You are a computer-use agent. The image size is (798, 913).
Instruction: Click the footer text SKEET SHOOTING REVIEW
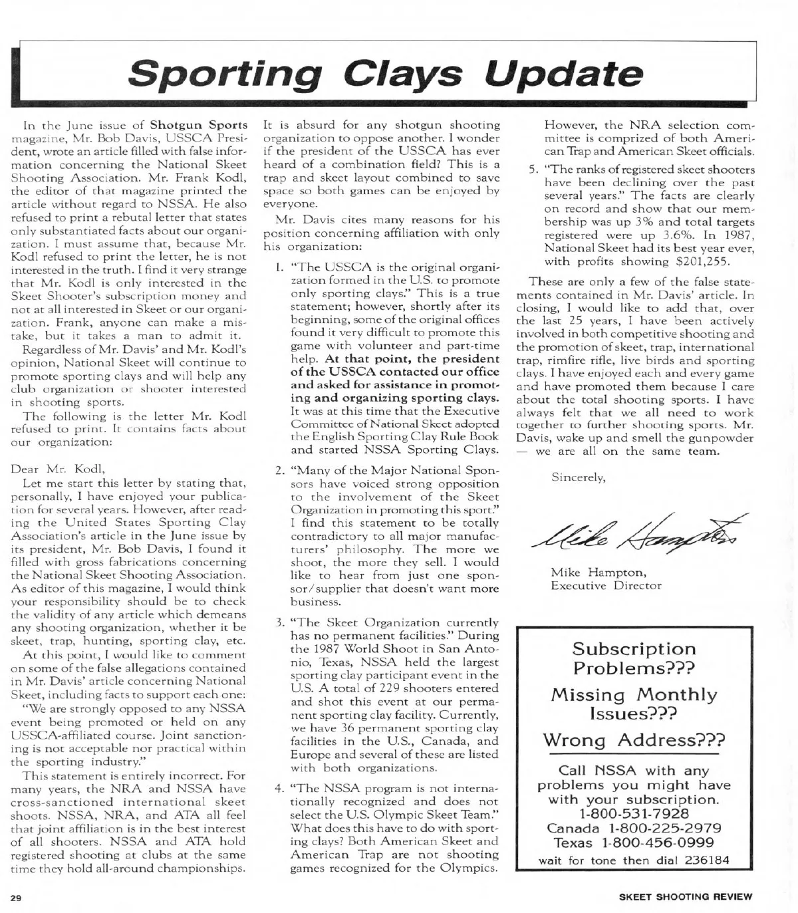pos(686,896)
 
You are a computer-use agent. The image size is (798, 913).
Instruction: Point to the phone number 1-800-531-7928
pos(634,814)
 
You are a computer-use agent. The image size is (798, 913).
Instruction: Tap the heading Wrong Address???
pos(634,740)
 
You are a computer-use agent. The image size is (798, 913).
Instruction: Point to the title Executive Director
pos(606,586)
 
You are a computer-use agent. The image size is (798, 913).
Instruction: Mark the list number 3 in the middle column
pos(281,624)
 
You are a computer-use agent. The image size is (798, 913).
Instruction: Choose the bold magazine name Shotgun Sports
pos(199,124)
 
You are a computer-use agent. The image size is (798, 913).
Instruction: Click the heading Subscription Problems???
pos(634,658)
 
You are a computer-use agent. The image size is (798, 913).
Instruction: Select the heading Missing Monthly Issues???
pos(634,704)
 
